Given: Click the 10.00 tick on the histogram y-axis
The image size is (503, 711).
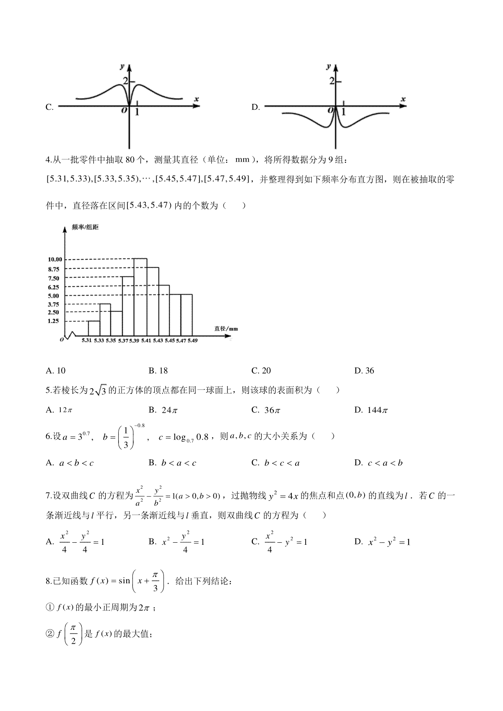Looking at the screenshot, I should coord(55,260).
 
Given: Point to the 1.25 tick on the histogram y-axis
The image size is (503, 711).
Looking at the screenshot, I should coord(53,321).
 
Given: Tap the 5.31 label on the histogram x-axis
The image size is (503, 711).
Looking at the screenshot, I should coord(87,340).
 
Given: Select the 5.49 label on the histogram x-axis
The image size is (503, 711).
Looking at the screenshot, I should coord(192,340).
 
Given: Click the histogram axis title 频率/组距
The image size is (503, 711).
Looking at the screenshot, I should coord(85,227).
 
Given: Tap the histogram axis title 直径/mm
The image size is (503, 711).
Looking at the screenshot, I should coord(226,329).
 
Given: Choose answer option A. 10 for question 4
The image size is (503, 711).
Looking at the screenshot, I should coord(56,371).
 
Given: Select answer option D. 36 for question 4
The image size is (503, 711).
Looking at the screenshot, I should coord(364,371).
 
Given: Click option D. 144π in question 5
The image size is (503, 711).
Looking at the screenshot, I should coord(371,410).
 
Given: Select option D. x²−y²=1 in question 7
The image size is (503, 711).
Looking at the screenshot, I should coord(382,542).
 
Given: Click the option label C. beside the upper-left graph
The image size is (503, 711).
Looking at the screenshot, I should coord(49,107).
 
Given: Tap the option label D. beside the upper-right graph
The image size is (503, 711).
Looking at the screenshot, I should coord(256,107).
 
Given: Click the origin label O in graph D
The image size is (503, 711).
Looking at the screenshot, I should coord(331,110).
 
